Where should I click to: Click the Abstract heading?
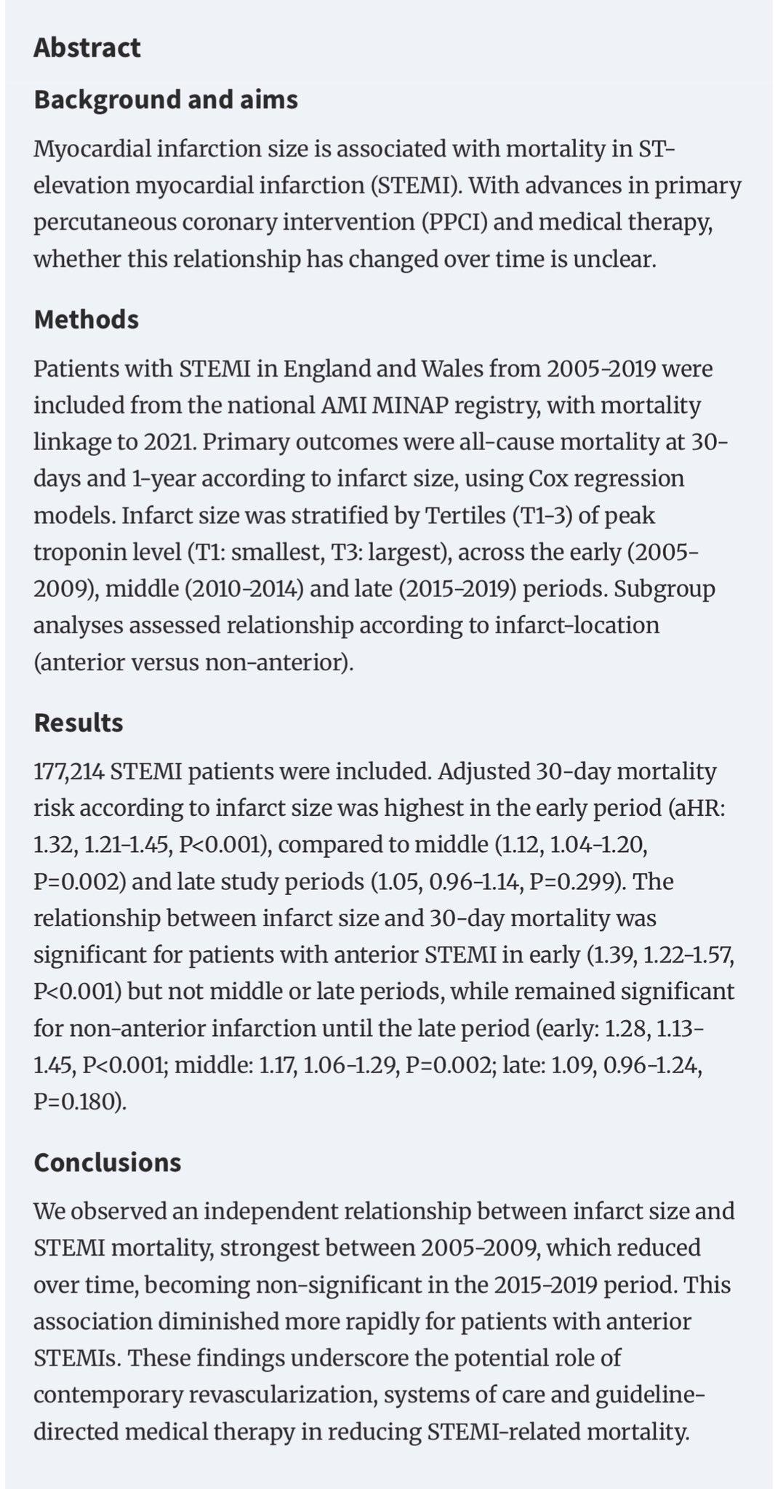tap(87, 48)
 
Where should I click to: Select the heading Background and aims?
tap(166, 99)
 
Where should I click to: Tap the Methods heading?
tap(86, 319)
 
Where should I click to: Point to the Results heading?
tap(79, 723)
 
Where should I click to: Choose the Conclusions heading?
tap(107, 1162)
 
